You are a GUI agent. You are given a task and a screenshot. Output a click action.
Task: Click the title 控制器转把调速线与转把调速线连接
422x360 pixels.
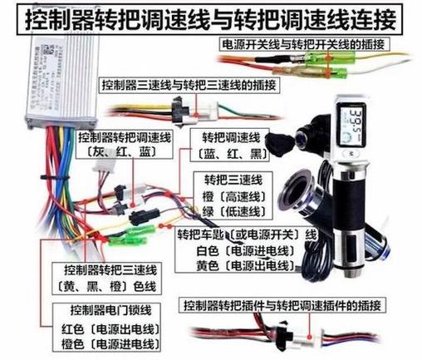pyautogui.click(x=211, y=16)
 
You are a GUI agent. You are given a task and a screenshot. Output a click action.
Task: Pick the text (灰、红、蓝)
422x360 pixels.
pyautogui.click(x=117, y=153)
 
